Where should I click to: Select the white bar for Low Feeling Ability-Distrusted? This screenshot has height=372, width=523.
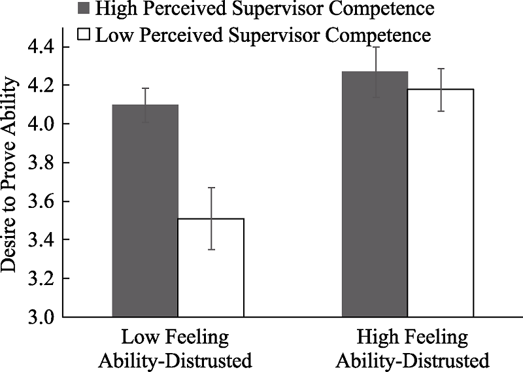coord(211,267)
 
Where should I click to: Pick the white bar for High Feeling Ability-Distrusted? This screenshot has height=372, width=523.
coord(441,203)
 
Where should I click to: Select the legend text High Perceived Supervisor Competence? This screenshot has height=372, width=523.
coord(264,9)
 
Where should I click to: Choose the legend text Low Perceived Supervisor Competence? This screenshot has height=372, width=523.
coord(263,35)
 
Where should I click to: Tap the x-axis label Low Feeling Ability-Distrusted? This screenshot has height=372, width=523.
coord(175,348)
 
